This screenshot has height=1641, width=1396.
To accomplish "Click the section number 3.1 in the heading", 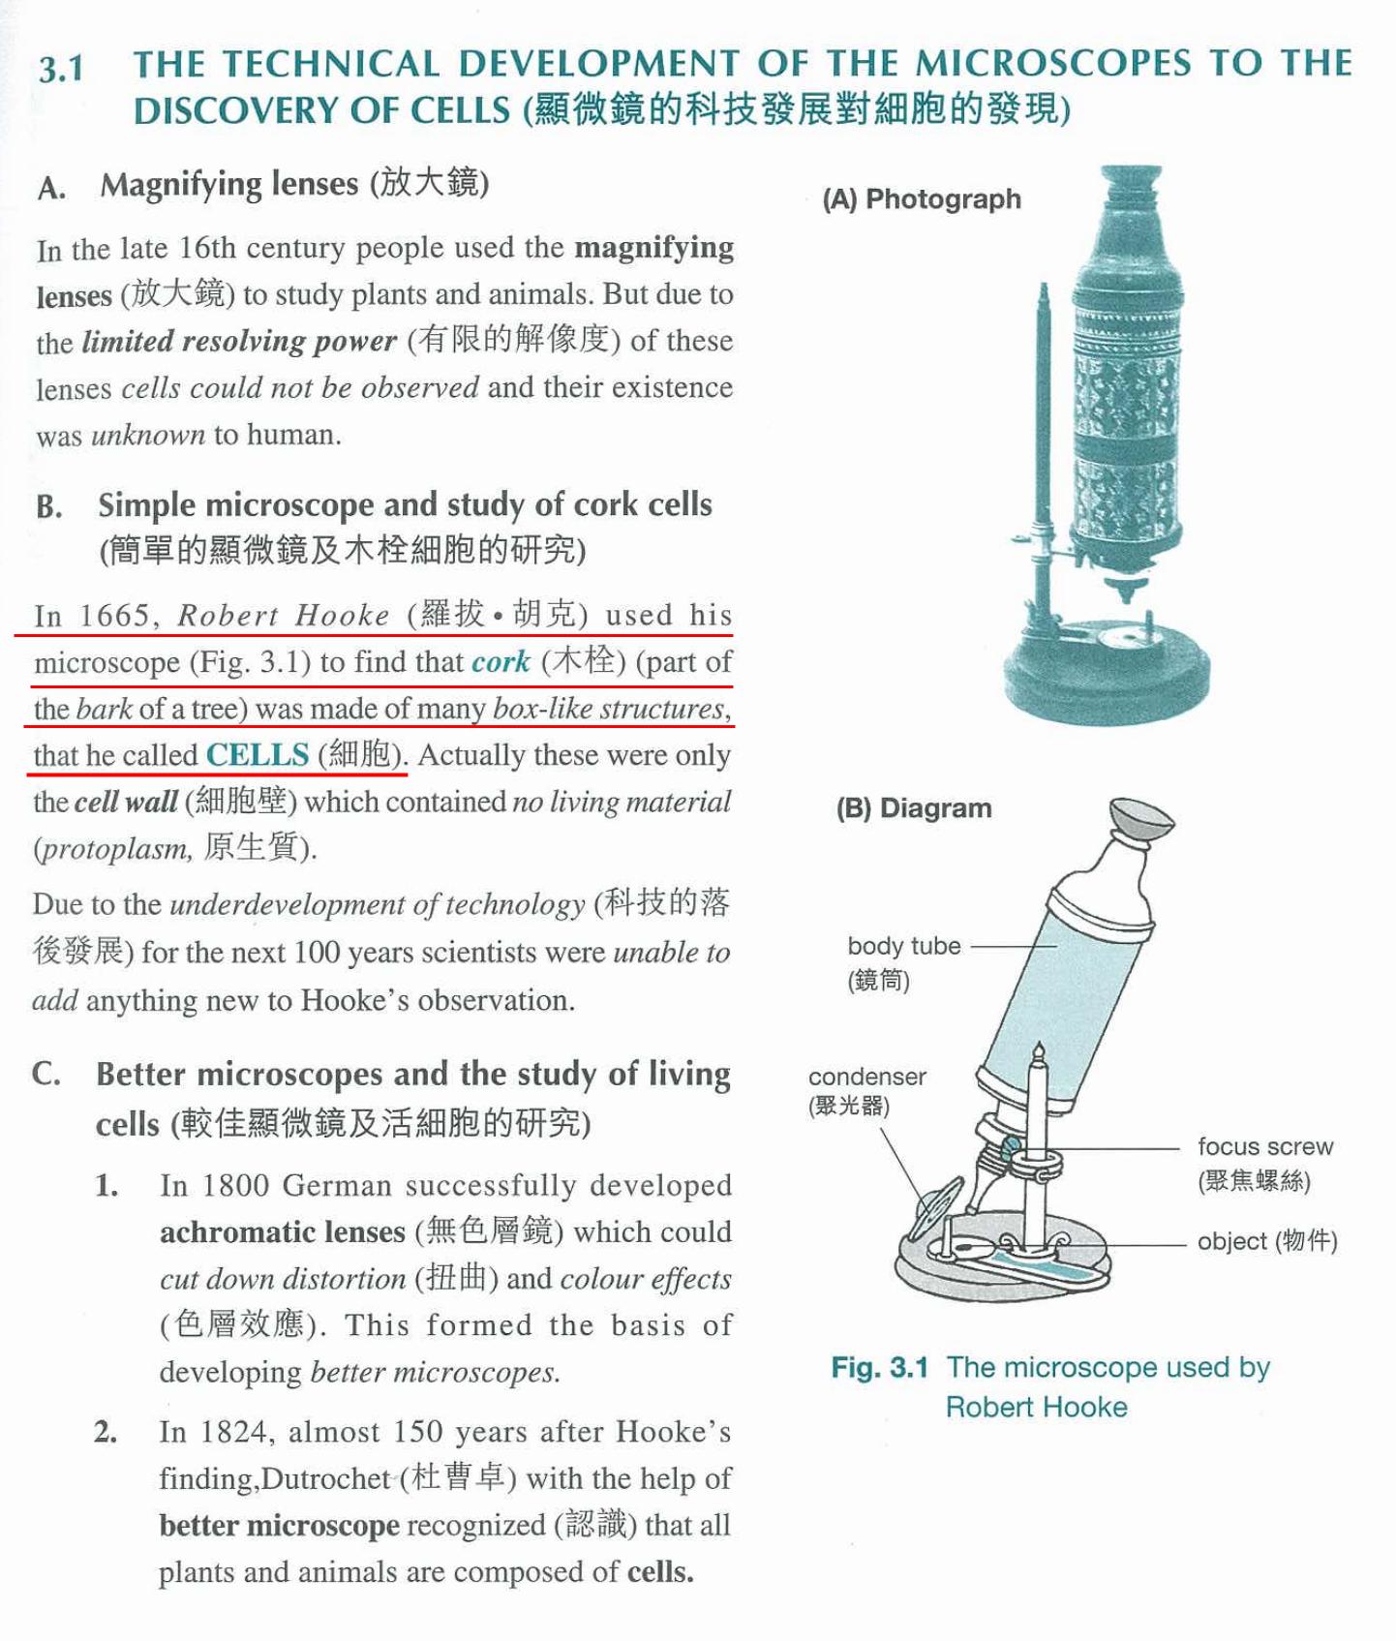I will click(x=61, y=70).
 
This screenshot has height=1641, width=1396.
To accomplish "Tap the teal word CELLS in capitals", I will click(x=258, y=755).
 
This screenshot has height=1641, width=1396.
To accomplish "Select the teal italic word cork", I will click(x=501, y=662).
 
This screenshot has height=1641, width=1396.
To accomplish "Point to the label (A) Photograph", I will click(x=922, y=199).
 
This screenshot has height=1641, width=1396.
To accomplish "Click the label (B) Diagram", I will click(x=914, y=808).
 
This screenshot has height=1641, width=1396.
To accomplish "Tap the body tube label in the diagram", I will click(x=903, y=946).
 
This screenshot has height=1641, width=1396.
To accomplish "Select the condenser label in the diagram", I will click(x=866, y=1077).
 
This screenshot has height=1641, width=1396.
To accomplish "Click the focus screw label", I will click(x=1264, y=1146).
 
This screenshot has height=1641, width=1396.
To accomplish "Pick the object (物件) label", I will click(x=1266, y=1241).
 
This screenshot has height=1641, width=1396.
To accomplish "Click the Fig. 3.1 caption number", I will click(x=879, y=1368).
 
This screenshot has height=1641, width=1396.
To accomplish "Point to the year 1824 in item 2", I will click(x=233, y=1432).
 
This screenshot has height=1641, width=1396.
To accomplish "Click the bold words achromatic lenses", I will click(x=282, y=1232).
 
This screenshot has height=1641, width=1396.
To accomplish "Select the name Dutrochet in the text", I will click(x=325, y=1479).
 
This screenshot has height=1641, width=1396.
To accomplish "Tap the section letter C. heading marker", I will click(x=46, y=1074).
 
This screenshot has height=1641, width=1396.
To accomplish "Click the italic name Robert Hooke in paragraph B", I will click(x=284, y=616).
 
